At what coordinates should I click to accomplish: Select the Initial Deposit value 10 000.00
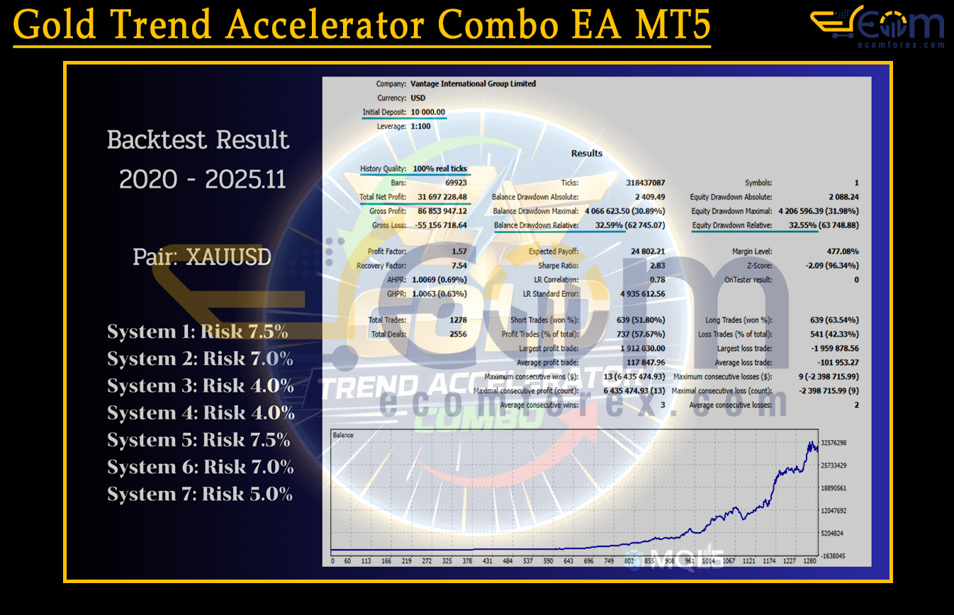[427, 112]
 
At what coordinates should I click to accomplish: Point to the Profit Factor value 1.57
[459, 252]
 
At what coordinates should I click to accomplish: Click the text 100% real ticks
[439, 169]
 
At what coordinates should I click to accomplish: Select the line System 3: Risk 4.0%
[201, 386]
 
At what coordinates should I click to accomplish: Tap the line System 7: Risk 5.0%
[200, 494]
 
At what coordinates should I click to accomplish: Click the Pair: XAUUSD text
[202, 256]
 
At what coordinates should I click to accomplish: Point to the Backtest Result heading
[198, 140]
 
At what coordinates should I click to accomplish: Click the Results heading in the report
[587, 153]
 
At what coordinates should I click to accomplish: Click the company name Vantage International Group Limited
[473, 84]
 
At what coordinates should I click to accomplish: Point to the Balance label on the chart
[343, 435]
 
